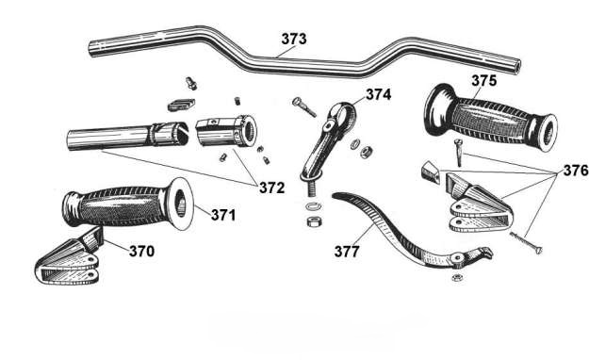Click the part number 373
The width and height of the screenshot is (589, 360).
tap(294, 39)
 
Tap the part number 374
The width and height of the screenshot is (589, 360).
tap(378, 94)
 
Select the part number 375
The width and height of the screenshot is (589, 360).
tap(483, 80)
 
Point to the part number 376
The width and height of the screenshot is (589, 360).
tap(576, 171)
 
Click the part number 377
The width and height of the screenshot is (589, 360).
tap(347, 252)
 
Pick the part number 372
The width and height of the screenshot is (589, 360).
tap(272, 188)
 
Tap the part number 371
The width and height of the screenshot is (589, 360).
tap(223, 215)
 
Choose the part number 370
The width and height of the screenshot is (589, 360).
tap(141, 251)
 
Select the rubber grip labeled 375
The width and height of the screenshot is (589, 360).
tap(490, 117)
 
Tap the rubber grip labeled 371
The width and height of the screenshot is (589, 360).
tap(128, 204)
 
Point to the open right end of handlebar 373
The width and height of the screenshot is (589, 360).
tap(516, 67)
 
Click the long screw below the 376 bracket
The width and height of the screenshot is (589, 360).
tap(526, 243)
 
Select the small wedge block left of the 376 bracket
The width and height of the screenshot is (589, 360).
tap(430, 172)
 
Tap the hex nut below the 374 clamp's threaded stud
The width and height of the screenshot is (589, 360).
tap(313, 221)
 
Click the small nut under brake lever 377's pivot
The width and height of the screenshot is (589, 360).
tap(457, 278)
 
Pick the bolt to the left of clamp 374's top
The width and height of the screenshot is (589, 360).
tap(303, 106)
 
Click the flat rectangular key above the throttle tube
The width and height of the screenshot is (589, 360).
tap(181, 105)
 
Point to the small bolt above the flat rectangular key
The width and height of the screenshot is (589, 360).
tap(191, 83)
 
